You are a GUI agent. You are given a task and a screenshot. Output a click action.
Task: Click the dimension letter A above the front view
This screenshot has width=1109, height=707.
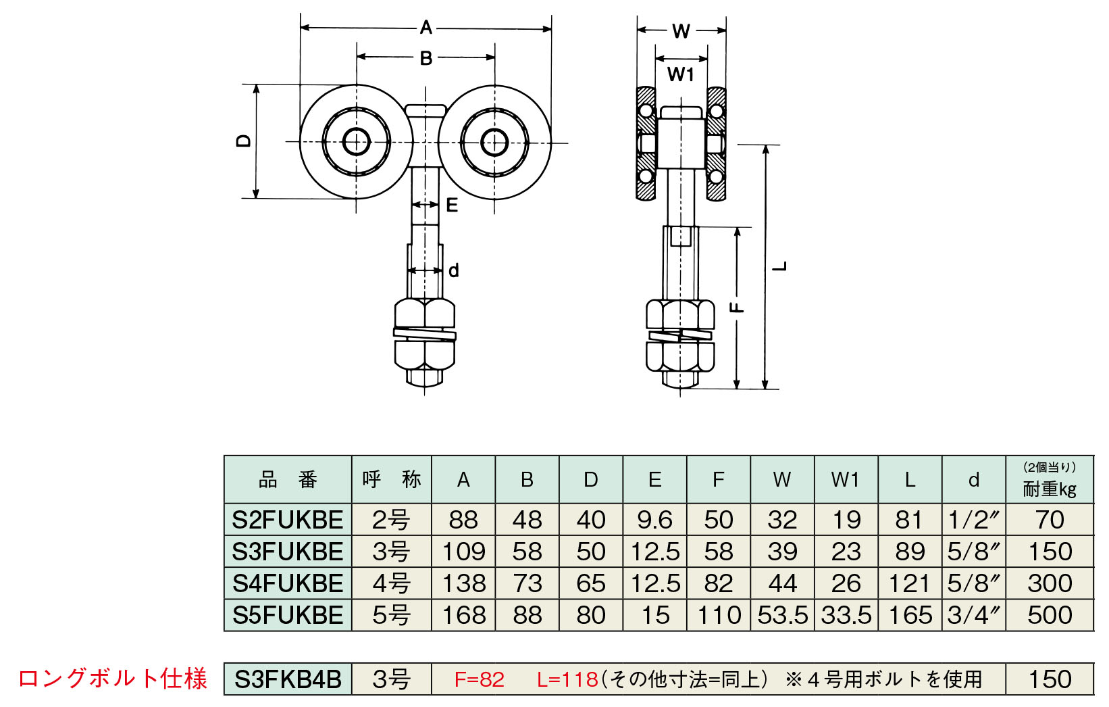click(x=425, y=28)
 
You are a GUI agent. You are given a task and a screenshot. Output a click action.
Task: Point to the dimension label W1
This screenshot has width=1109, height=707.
click(x=681, y=74)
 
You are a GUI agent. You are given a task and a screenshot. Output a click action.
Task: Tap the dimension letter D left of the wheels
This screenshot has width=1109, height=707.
click(x=244, y=141)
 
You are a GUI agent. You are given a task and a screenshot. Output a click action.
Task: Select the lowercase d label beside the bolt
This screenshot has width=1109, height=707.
click(x=454, y=271)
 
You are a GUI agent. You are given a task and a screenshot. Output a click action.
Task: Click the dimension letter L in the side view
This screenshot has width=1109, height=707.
click(x=781, y=266)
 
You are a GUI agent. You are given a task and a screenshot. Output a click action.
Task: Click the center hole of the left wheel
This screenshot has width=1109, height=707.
click(x=356, y=142)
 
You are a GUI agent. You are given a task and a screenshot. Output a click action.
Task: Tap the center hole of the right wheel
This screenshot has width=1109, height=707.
click(x=494, y=142)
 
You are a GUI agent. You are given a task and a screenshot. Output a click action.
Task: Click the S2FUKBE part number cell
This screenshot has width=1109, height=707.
click(x=288, y=520)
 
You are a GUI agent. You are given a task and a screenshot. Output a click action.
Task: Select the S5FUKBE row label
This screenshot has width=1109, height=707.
click(x=288, y=615)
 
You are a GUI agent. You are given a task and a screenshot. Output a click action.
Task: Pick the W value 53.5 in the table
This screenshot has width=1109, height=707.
click(x=782, y=615)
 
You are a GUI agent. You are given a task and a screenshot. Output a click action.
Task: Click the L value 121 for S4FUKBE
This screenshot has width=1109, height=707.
click(x=909, y=583)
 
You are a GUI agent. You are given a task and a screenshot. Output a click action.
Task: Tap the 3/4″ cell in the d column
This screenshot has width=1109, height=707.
click(x=973, y=615)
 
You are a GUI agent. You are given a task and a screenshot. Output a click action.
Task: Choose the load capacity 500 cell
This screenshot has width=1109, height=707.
click(x=1050, y=615)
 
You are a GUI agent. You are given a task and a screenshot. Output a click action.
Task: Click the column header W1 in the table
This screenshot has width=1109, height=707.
click(x=846, y=480)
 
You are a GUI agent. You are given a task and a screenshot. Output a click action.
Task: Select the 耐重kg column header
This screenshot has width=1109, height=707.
click(x=1050, y=488)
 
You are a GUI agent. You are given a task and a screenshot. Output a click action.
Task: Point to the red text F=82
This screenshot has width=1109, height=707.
click(x=480, y=679)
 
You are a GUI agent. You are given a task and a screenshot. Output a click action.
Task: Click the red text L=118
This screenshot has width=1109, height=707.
click(x=567, y=679)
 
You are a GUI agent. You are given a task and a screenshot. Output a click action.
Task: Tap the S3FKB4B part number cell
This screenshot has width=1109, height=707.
click(x=288, y=679)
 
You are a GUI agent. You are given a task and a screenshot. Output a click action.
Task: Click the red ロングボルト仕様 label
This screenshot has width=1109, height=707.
click(x=112, y=679)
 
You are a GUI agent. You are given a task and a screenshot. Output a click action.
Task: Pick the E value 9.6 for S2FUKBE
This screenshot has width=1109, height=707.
click(x=654, y=520)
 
